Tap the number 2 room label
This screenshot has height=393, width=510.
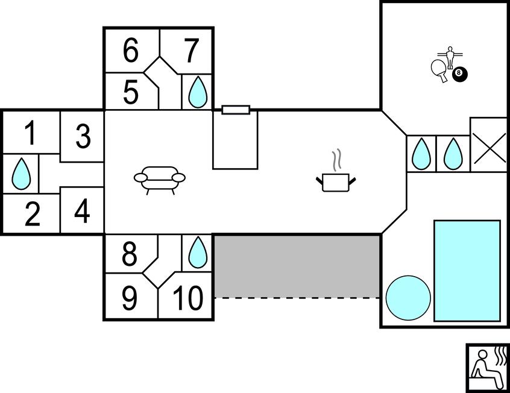click(x=31, y=214)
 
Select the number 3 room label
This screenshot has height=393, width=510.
click(x=83, y=137)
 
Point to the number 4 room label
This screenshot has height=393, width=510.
click(x=83, y=212)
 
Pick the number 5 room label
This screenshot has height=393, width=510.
click(x=131, y=92)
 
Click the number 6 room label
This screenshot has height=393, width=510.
click(x=131, y=51)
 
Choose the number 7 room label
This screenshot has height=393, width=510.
click(x=191, y=51)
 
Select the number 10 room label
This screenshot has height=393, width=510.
click(x=187, y=298)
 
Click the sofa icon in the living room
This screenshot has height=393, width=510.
click(x=160, y=180)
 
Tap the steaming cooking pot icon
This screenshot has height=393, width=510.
click(x=336, y=176)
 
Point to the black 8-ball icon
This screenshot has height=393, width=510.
click(x=461, y=73)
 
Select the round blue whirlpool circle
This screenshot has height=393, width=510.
click(x=408, y=298)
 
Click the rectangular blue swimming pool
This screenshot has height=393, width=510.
click(x=467, y=271)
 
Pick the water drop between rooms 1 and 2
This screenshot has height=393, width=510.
click(x=21, y=174)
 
